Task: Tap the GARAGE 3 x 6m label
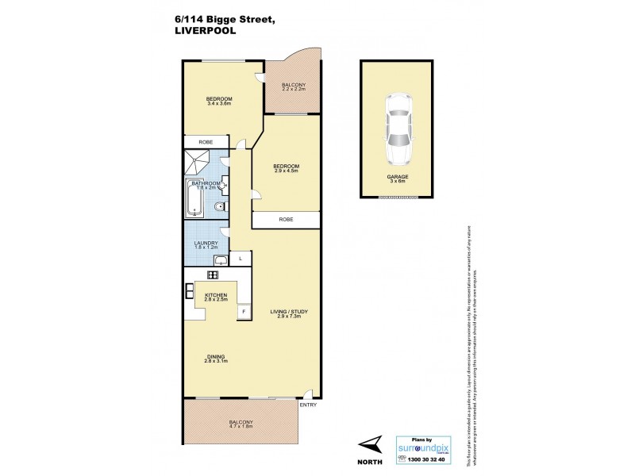(396, 178)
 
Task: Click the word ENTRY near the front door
(309, 405)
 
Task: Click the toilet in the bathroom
(219, 208)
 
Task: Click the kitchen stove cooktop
(212, 274)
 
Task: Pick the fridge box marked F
(244, 311)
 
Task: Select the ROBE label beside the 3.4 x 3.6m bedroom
(206, 142)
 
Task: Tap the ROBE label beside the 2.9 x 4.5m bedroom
(286, 220)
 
